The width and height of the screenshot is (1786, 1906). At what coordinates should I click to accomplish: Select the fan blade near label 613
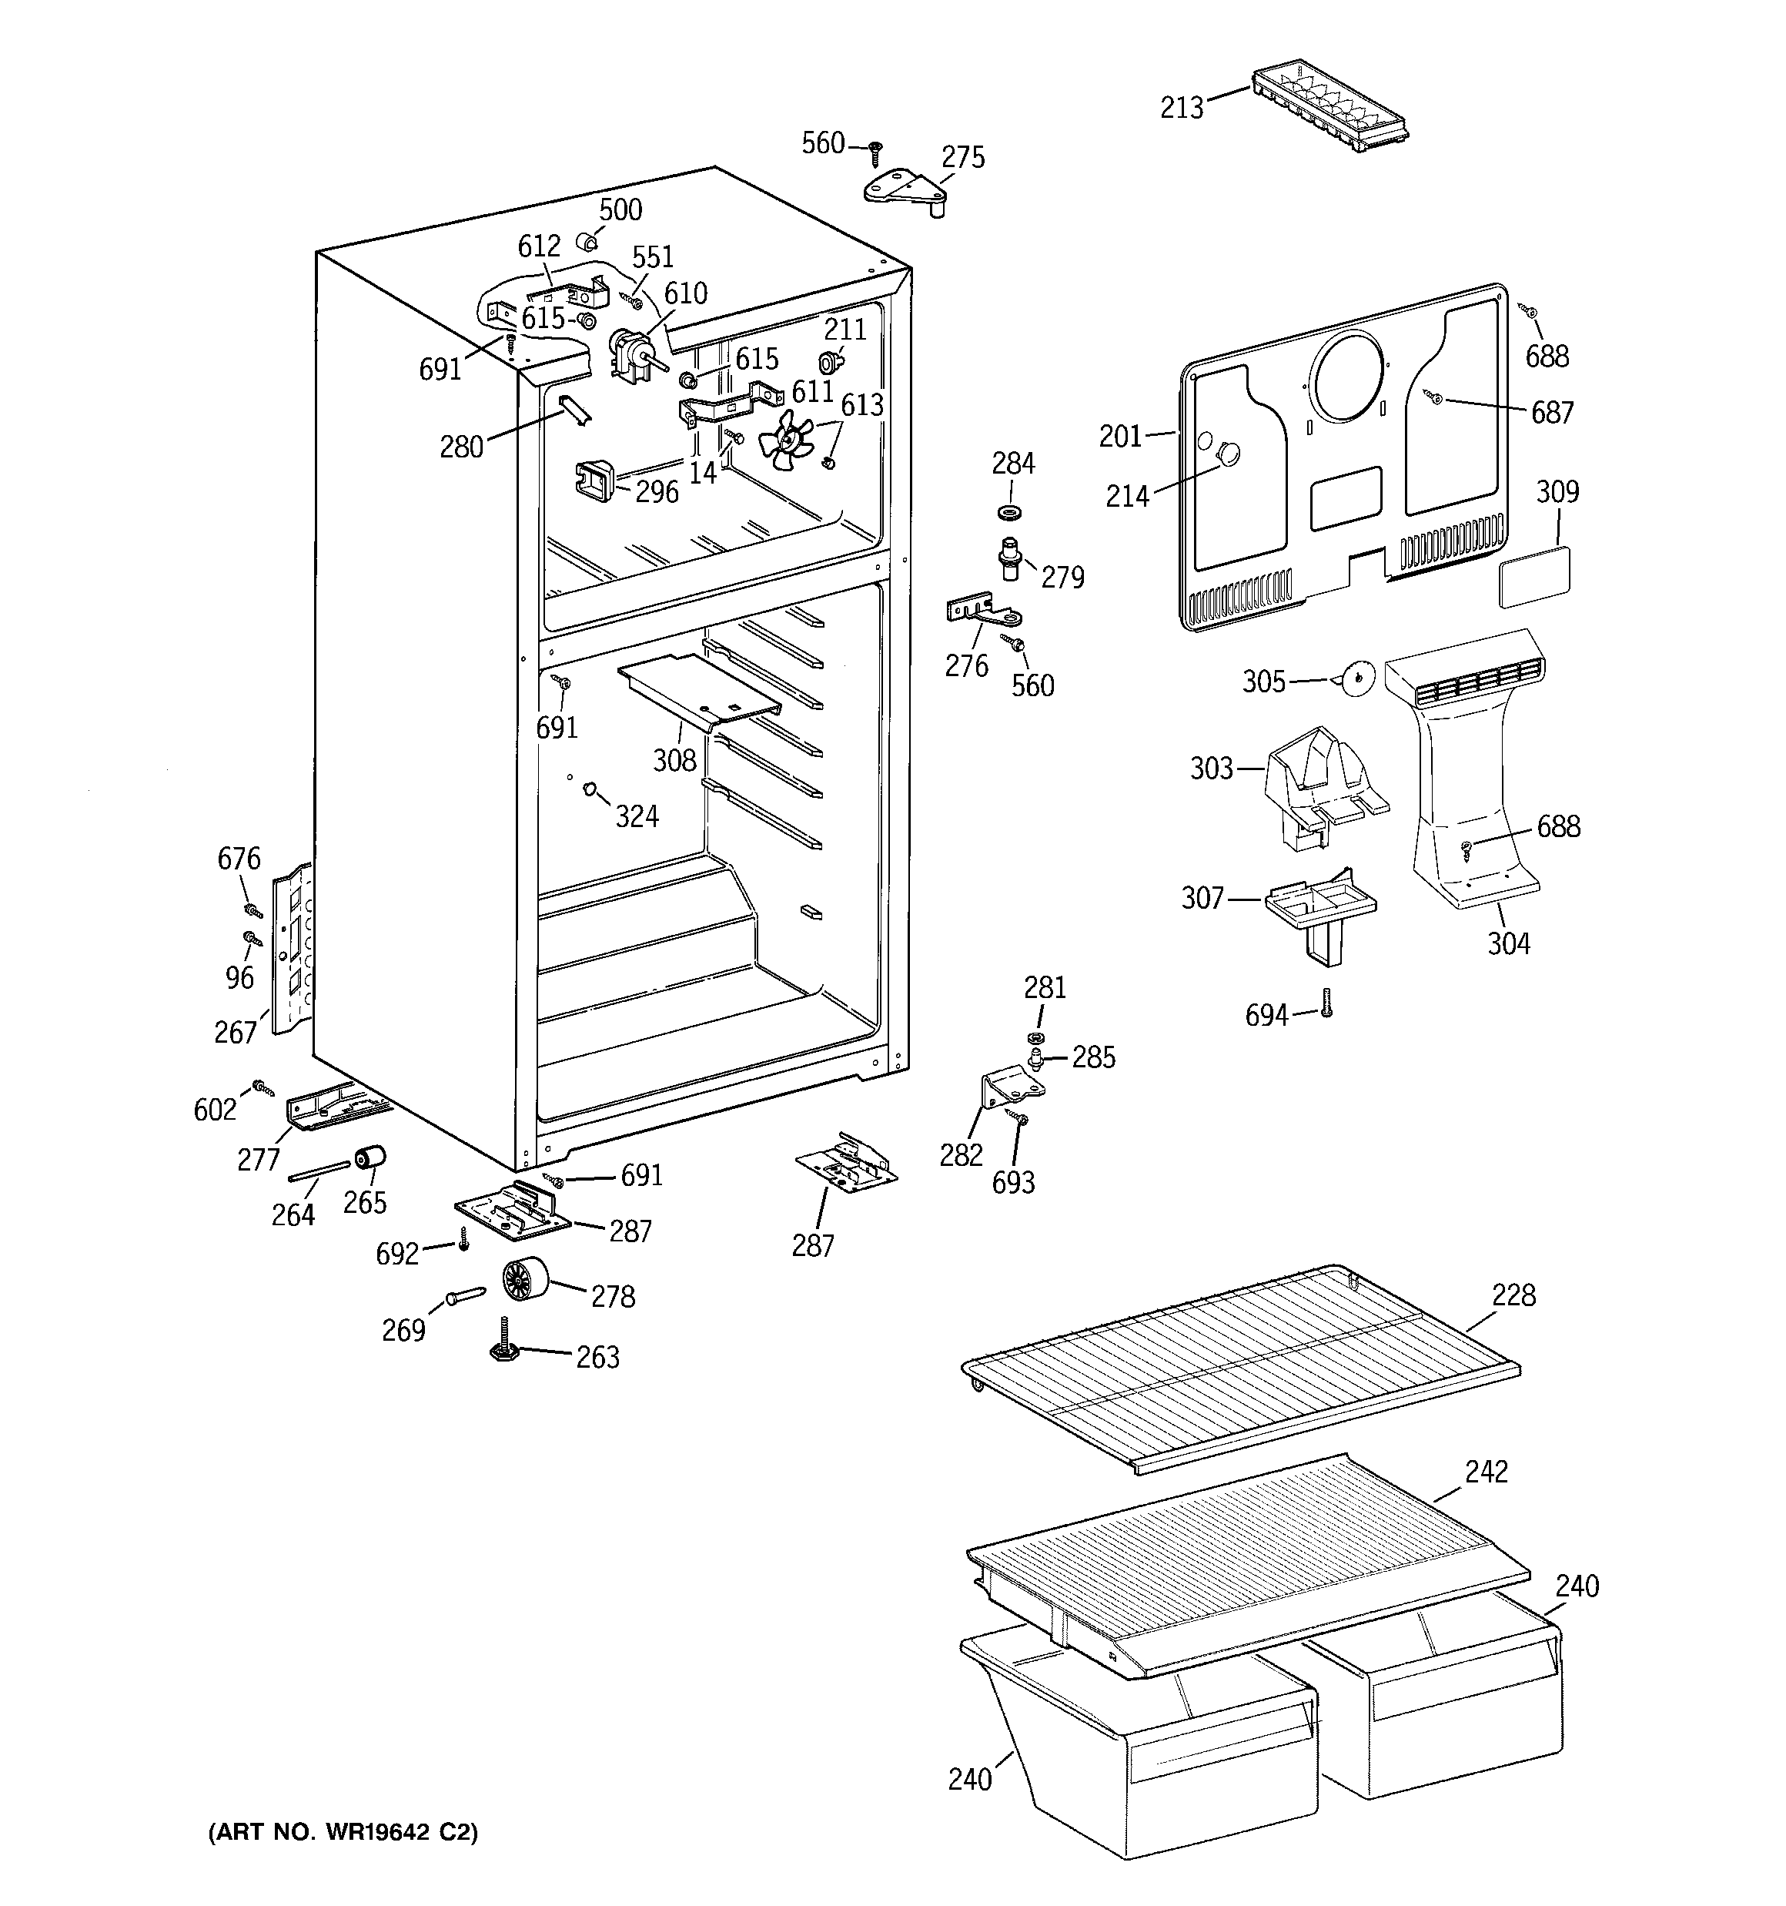[785, 441]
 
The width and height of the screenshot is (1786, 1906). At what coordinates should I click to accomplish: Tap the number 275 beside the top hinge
[962, 157]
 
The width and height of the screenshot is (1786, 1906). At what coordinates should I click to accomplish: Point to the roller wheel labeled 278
[523, 1280]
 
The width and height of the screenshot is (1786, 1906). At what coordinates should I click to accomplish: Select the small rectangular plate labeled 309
[1533, 577]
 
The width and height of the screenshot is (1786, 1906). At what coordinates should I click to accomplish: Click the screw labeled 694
[1326, 1003]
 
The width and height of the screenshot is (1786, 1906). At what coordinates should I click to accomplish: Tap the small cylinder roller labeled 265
[370, 1159]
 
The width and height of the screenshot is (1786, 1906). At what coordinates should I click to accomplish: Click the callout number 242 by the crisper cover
[1486, 1472]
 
